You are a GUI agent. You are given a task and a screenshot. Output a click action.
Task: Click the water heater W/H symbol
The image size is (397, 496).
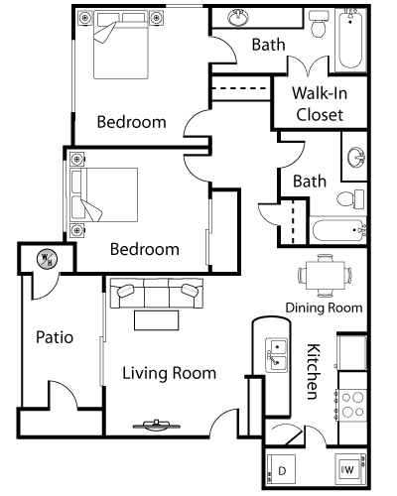click(x=47, y=258)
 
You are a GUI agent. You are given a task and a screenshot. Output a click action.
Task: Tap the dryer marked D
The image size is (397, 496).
click(x=281, y=470)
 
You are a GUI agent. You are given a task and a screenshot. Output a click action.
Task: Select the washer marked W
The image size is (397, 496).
click(x=350, y=469)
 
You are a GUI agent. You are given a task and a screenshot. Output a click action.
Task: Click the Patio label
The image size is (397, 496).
click(x=55, y=337)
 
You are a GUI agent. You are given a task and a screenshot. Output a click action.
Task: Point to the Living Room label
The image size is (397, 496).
click(x=170, y=373)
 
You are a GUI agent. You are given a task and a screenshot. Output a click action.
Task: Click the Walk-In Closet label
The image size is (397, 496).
click(x=320, y=104)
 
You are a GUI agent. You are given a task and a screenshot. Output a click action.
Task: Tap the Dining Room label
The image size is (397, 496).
click(x=324, y=308)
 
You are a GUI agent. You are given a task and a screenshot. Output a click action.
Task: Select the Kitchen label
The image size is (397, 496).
click(x=313, y=372)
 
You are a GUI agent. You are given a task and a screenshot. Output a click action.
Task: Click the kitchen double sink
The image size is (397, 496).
click(x=277, y=355)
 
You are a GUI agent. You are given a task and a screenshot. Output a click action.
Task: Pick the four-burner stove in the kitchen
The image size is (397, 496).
click(x=352, y=405)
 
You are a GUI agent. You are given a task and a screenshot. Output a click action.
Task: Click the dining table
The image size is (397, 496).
click(x=325, y=276)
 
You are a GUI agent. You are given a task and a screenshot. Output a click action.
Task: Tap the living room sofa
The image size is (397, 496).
click(x=157, y=293)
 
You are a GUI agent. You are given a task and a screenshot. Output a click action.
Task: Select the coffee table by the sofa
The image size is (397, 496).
click(x=157, y=320)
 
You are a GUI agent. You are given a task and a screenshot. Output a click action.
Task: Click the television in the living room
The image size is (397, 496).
click(x=157, y=426)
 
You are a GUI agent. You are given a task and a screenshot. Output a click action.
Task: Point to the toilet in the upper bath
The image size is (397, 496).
click(x=320, y=24)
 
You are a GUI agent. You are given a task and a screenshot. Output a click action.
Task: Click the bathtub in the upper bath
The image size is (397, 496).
click(x=350, y=39)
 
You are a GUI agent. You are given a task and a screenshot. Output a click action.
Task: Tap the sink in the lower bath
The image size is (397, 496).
click(x=356, y=158)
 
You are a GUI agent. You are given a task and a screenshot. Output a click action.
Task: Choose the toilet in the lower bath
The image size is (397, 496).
click(x=350, y=199)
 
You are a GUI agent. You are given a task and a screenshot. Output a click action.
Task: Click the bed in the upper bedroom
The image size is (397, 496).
click(x=121, y=45)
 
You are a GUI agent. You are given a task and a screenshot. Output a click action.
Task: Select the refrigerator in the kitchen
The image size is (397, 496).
click(x=352, y=352)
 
